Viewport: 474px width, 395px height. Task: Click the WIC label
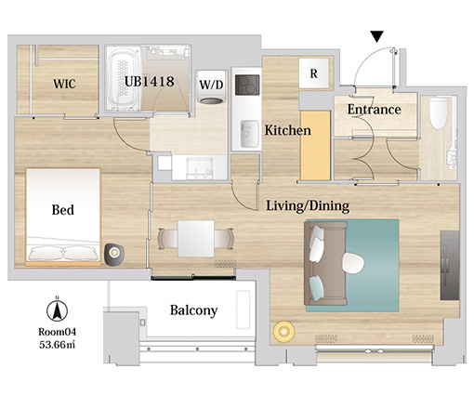coord(64,84)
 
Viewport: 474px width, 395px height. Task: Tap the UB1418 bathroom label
coord(150,82)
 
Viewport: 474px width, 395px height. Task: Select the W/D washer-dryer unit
coord(212,87)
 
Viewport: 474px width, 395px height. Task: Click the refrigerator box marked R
coord(314,73)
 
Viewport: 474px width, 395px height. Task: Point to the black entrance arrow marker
coord(377,36)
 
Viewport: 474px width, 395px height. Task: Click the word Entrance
coord(374,110)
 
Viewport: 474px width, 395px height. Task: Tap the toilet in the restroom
coord(439,113)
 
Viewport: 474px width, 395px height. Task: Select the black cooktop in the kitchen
coord(247,85)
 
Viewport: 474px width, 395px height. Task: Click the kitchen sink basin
coord(249,134)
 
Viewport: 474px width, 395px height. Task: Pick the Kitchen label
coord(287,130)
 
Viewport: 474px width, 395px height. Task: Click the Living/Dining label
coord(308,205)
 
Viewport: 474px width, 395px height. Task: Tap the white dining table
coord(195,239)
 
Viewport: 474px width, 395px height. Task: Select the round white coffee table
coord(353,263)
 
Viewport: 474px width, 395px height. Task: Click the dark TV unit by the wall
coord(450,265)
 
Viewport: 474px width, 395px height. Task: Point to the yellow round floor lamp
coord(283,332)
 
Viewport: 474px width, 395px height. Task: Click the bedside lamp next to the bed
coord(114,254)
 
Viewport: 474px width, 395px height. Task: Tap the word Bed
coord(63,210)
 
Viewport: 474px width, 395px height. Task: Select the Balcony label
coord(193,310)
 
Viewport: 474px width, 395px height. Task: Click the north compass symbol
coord(57,309)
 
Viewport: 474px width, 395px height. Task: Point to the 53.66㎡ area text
coord(58,345)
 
